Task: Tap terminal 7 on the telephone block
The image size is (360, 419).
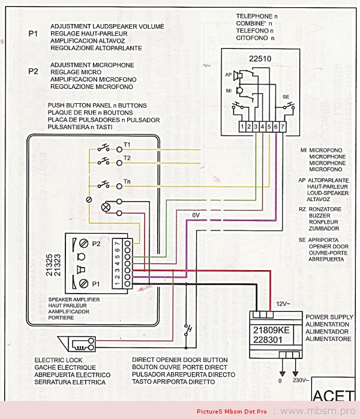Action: click(x=283, y=127)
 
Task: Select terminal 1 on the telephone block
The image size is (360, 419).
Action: click(x=241, y=127)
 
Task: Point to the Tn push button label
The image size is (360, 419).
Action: click(x=127, y=181)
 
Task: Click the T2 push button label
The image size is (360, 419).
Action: click(x=127, y=158)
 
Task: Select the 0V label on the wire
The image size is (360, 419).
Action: click(x=196, y=215)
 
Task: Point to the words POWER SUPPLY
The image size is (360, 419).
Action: click(x=329, y=316)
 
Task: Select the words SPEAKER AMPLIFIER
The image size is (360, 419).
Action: click(x=73, y=298)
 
